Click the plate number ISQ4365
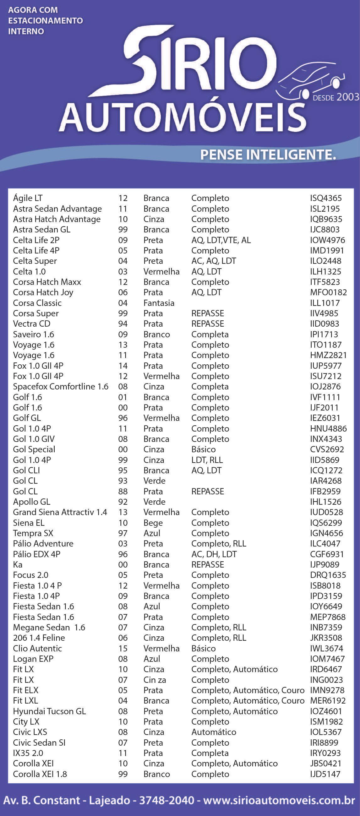coord(326,198)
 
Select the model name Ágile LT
coord(28,198)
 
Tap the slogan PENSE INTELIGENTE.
coord(268,155)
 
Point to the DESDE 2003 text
coord(335,97)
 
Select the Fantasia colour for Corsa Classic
coord(159,303)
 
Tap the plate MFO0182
coord(328,292)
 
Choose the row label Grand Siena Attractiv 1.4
coord(60,512)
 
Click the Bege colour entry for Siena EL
coord(153,523)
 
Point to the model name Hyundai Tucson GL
coord(49,711)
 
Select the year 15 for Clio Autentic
coord(123,648)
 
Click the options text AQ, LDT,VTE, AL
coord(221,240)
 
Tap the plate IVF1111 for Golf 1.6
coord(325,397)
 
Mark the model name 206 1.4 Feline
coord(39,638)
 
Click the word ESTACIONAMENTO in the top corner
coord(45,21)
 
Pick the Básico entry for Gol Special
coord(204,449)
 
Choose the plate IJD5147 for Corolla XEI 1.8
coord(325,774)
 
